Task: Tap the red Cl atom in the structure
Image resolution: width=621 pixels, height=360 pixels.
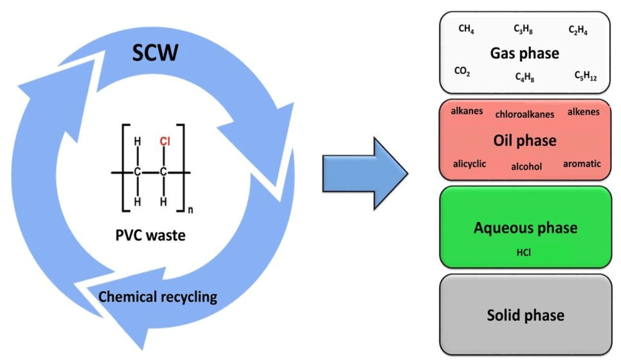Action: pyautogui.click(x=164, y=141)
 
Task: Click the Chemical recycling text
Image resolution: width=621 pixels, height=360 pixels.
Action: pyautogui.click(x=157, y=297)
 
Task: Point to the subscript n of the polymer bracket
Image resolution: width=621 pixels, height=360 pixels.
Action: pyautogui.click(x=190, y=209)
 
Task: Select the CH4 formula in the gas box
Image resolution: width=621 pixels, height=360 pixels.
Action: pyautogui.click(x=466, y=30)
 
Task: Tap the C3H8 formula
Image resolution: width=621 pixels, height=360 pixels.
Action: pyautogui.click(x=523, y=30)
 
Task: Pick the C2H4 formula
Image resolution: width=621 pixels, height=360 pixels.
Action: pyautogui.click(x=578, y=30)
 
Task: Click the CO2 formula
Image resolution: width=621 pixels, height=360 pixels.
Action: pyautogui.click(x=462, y=73)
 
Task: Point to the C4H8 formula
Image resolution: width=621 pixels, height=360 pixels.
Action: pyautogui.click(x=524, y=77)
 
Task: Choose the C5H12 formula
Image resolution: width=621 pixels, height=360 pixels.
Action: pyautogui.click(x=585, y=76)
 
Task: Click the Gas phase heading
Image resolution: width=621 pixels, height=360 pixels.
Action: pyautogui.click(x=524, y=53)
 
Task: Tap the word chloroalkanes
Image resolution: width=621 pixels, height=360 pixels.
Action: pyautogui.click(x=525, y=114)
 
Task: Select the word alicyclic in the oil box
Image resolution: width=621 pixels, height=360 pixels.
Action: pyautogui.click(x=469, y=164)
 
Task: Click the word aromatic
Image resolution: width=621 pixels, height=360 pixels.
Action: pyautogui.click(x=582, y=164)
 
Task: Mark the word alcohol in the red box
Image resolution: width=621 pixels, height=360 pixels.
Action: pyautogui.click(x=526, y=167)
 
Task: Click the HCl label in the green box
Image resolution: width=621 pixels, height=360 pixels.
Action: pyautogui.click(x=524, y=253)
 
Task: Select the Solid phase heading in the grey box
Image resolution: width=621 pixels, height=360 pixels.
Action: pyautogui.click(x=525, y=315)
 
